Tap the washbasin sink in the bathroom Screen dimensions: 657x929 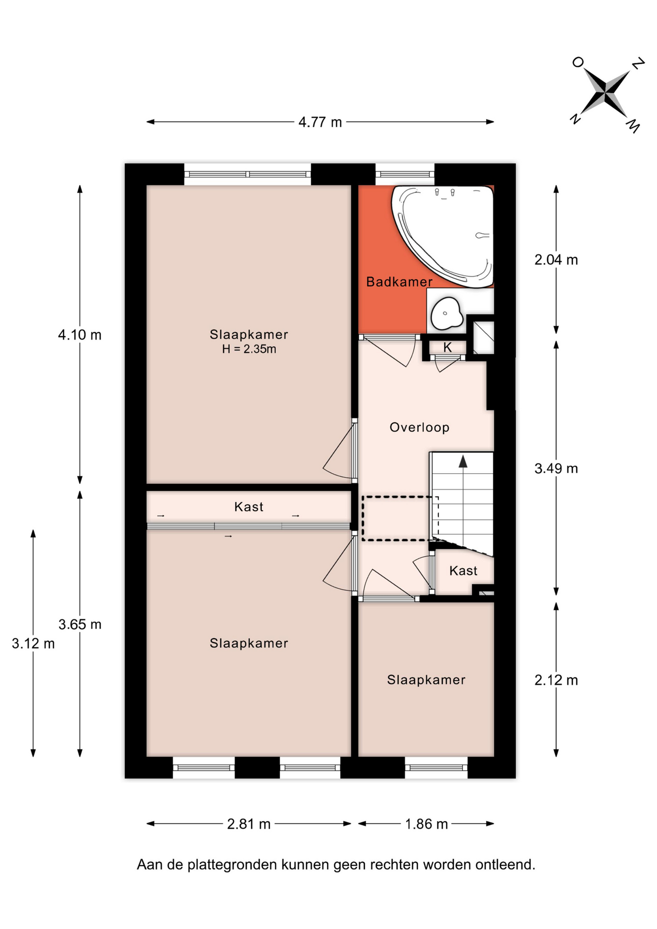click(x=446, y=313)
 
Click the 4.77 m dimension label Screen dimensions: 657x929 click(x=320, y=122)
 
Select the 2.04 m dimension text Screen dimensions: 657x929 click(x=556, y=260)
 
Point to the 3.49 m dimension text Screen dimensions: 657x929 click(x=556, y=468)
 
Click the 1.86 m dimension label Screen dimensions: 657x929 click(x=426, y=824)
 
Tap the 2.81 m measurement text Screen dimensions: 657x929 click(x=249, y=824)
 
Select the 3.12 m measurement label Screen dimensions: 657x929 click(x=33, y=644)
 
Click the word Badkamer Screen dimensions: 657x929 click(x=399, y=282)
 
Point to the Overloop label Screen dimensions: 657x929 click(x=419, y=427)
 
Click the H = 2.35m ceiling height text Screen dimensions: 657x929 click(x=249, y=349)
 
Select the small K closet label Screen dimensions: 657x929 click(x=448, y=347)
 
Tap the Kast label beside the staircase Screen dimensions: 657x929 click(x=463, y=570)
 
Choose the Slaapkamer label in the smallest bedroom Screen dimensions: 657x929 click(x=426, y=680)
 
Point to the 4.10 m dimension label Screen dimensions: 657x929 click(x=80, y=335)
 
